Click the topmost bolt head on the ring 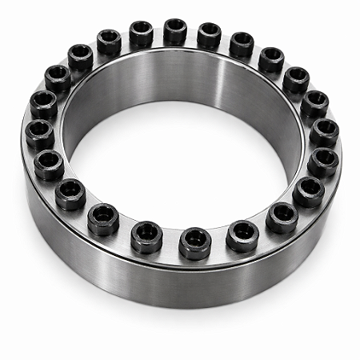point(175,31)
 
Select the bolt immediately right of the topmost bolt point(209,34)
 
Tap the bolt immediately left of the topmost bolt point(142,33)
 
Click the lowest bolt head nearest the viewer point(194,242)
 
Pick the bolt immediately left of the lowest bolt point(147,237)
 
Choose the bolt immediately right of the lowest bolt point(242,235)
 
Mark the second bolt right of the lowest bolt point(282,217)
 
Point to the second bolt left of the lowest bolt point(103,218)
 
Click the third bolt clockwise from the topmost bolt point(271,59)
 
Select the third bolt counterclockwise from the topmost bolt point(80,57)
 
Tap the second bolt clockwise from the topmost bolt point(242,44)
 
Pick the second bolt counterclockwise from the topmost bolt point(109,42)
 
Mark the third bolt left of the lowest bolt point(70,194)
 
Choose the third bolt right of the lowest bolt point(309,191)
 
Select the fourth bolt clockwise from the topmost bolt point(296,79)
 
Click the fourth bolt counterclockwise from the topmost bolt point(58,78)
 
